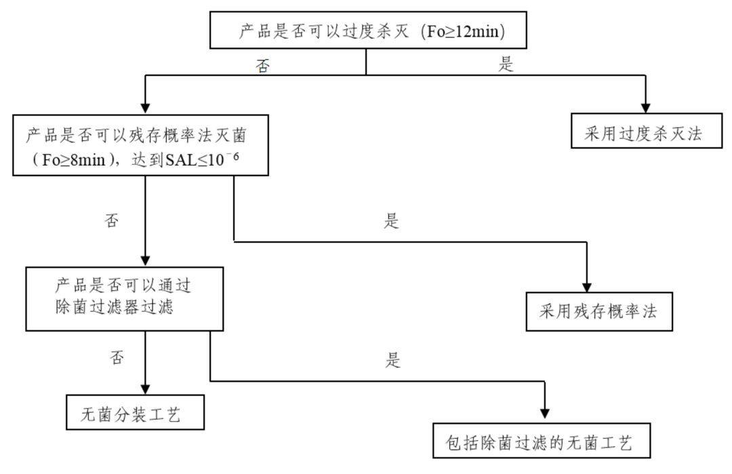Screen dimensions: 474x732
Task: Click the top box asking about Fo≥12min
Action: [366, 31]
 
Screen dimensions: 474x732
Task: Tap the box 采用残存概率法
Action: [598, 312]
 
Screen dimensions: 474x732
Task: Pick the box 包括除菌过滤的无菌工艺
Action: [544, 443]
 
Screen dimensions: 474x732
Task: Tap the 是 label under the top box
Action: [506, 65]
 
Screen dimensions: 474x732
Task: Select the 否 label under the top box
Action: [264, 66]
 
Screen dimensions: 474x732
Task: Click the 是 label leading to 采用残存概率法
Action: [392, 221]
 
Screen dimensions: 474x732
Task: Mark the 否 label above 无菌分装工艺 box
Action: [117, 357]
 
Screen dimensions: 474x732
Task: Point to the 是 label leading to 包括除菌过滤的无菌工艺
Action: [393, 360]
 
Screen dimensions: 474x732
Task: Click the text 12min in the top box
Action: [479, 32]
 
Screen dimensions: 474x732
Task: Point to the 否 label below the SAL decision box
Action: [112, 220]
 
